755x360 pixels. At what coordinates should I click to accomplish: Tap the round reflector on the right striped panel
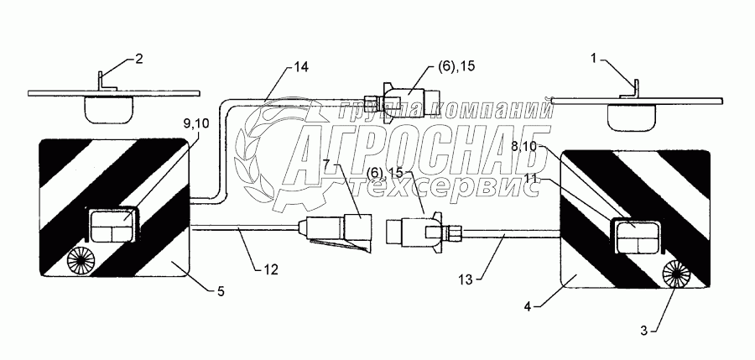tap(676, 272)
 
